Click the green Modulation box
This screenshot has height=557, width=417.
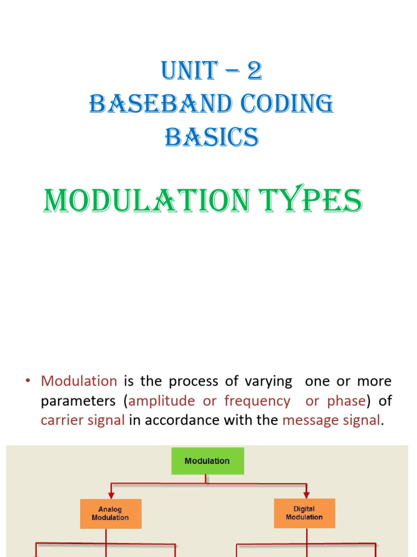tap(207, 461)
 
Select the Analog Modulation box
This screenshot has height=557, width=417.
tap(110, 513)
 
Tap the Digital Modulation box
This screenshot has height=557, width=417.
tap(304, 513)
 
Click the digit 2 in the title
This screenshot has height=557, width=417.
tap(255, 72)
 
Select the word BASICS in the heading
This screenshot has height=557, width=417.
tap(212, 137)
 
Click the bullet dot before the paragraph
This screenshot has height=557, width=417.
tap(27, 381)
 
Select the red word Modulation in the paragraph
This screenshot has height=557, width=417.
tap(79, 381)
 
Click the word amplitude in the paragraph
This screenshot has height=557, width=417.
tap(161, 401)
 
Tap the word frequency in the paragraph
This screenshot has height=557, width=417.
tap(257, 401)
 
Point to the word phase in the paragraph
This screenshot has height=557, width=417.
tap(346, 401)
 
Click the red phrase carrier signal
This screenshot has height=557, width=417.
tap(83, 420)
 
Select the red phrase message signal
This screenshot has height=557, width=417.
tap(331, 420)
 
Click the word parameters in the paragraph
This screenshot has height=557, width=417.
tap(81, 401)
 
